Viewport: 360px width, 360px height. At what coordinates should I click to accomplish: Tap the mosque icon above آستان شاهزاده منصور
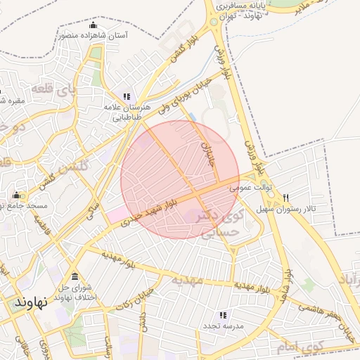(73, 26)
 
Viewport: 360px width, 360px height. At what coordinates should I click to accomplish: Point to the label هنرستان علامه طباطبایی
(127, 112)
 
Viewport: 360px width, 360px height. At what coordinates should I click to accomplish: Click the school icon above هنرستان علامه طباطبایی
(127, 96)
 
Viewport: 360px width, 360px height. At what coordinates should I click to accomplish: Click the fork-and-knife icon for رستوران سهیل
(286, 198)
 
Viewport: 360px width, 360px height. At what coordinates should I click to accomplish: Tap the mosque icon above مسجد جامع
(16, 196)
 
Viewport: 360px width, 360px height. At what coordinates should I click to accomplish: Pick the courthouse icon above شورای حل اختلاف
(75, 275)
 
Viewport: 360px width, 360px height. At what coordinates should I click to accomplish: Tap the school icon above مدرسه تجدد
(224, 315)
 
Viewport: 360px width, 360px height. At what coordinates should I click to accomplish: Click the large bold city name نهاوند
(30, 301)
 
